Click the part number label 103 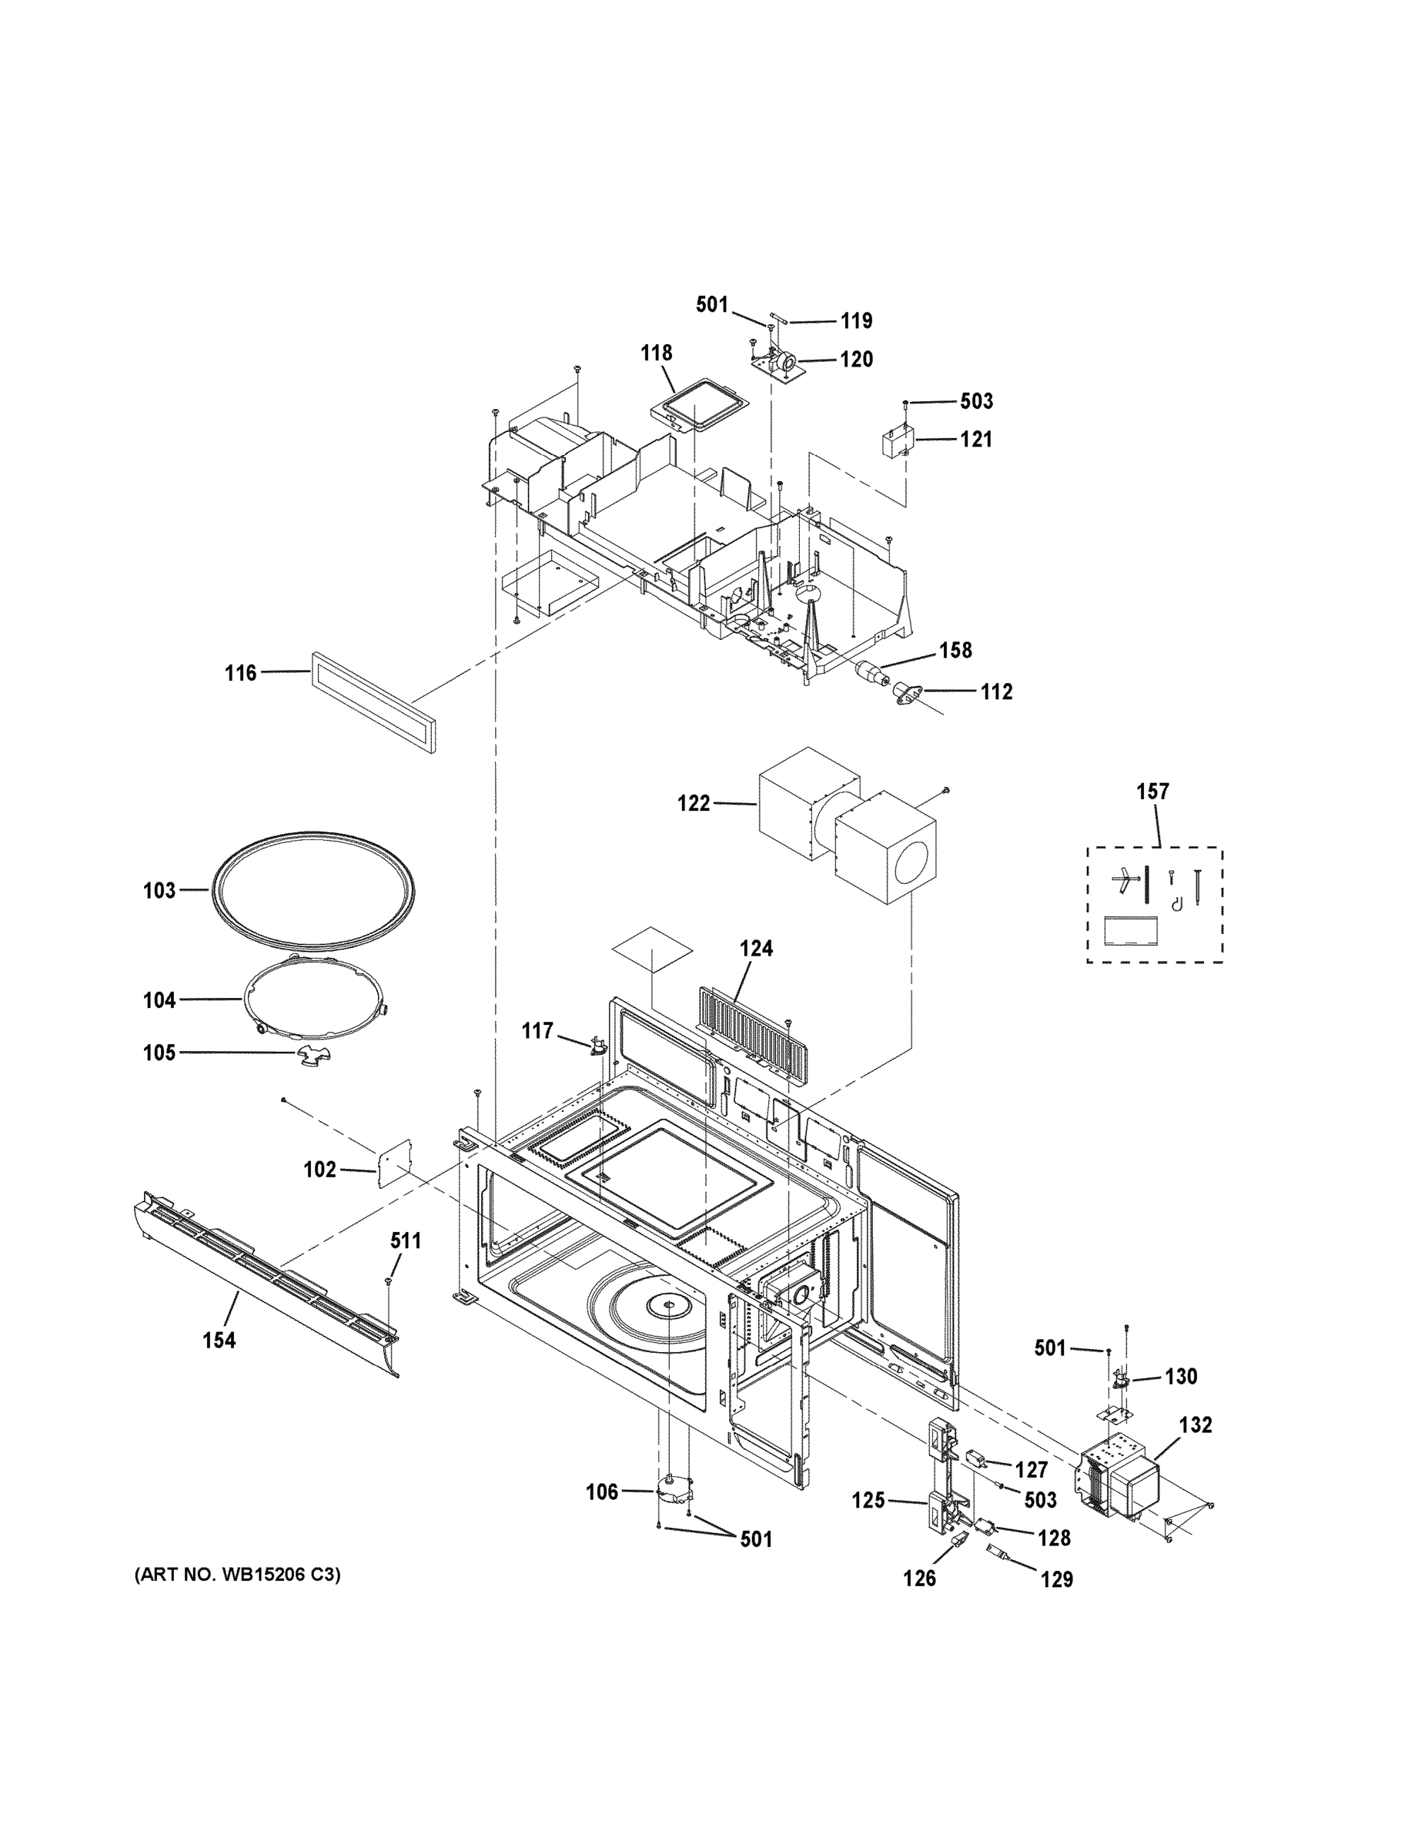tap(159, 890)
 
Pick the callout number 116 tap(240, 674)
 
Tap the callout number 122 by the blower tap(694, 803)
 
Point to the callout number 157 tap(1152, 792)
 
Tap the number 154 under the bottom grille tap(219, 1341)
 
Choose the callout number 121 tap(975, 439)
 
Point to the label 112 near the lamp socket tap(997, 692)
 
